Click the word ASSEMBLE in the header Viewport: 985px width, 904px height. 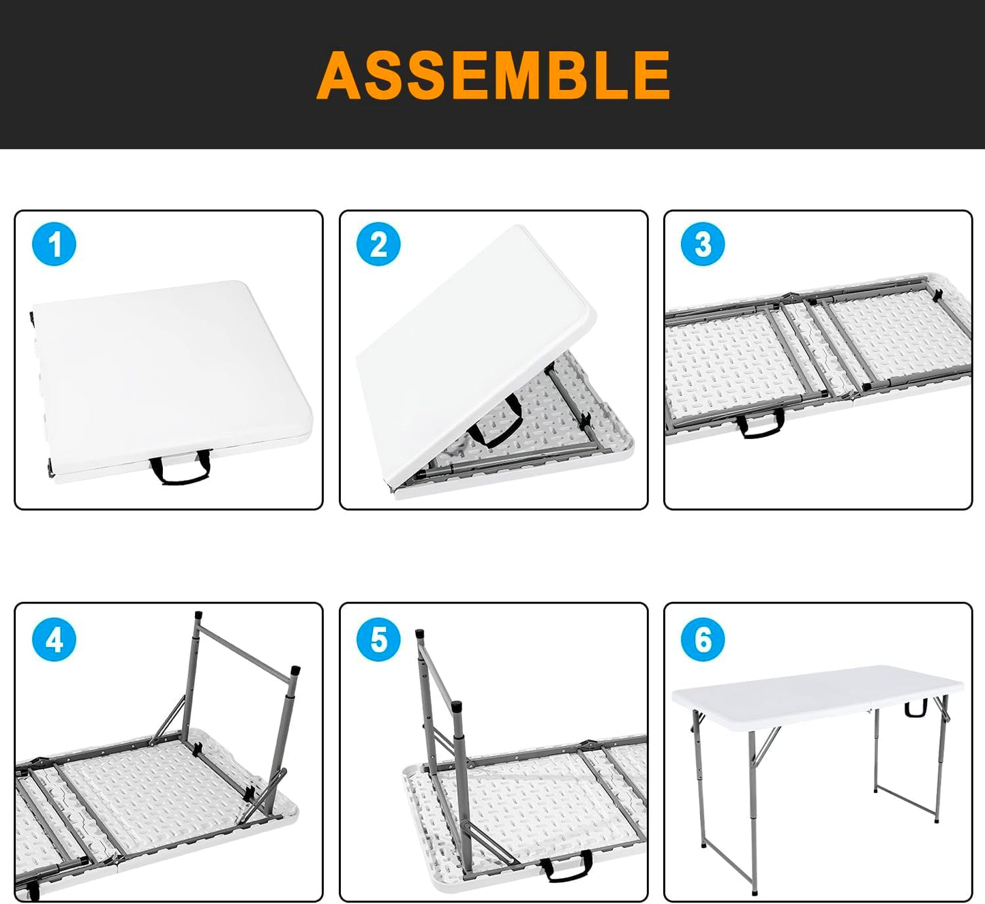click(x=494, y=75)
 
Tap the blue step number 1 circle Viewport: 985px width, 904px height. click(x=55, y=244)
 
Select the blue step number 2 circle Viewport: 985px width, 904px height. click(x=379, y=244)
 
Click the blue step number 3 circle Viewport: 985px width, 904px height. click(x=703, y=244)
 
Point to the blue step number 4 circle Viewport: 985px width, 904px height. click(x=55, y=639)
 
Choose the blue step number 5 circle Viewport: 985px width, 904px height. click(x=379, y=639)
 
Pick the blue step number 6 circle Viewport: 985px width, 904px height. click(x=703, y=639)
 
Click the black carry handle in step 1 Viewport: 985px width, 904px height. click(x=179, y=470)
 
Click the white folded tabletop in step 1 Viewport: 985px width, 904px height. click(x=170, y=368)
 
